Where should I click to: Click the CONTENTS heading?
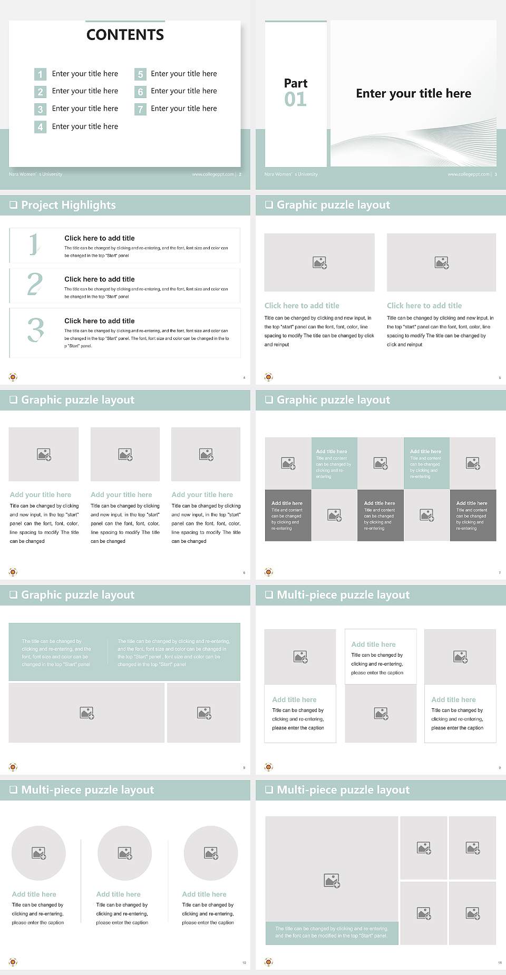click(x=125, y=35)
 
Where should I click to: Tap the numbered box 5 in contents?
click(x=140, y=74)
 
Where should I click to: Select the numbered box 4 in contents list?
click(x=40, y=127)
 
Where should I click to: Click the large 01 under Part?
click(x=295, y=100)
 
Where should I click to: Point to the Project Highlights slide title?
click(x=68, y=205)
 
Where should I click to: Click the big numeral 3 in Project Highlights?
click(x=35, y=330)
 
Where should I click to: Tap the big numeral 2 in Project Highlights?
click(x=35, y=285)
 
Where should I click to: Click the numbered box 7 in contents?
click(x=140, y=110)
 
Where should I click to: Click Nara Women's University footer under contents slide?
click(x=35, y=174)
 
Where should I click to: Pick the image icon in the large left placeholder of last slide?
click(x=332, y=880)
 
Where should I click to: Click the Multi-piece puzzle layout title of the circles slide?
click(x=87, y=790)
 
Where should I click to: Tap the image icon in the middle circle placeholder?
click(x=125, y=853)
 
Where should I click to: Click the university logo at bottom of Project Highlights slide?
click(x=13, y=377)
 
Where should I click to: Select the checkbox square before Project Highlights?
click(x=13, y=205)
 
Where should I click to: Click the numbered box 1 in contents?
click(x=40, y=74)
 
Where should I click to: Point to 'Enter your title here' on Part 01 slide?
click(x=413, y=94)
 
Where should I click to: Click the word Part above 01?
click(x=295, y=83)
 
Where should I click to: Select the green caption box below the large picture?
click(x=332, y=932)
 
